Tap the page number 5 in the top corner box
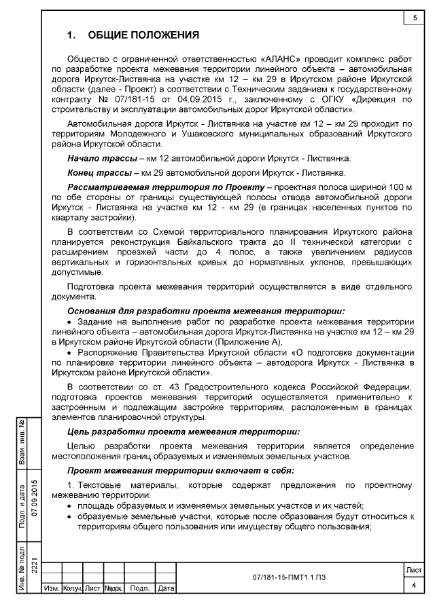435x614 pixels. click(414, 18)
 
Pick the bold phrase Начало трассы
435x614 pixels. click(100, 158)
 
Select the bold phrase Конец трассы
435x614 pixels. click(99, 172)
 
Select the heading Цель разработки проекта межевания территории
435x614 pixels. click(183, 431)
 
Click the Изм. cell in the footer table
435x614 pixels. click(51, 589)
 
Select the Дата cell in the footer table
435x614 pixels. click(166, 589)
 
